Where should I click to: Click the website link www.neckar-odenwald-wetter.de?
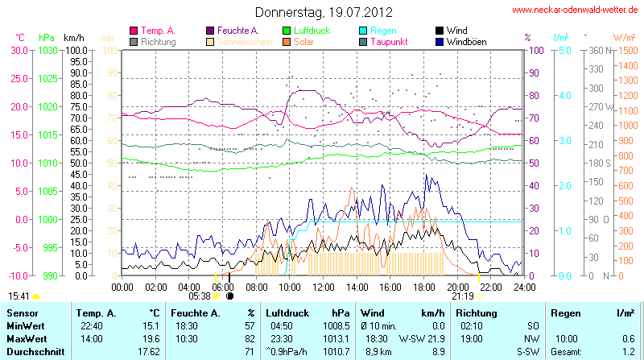coord(575,10)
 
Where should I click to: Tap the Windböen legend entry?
coord(465,42)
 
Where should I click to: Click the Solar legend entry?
coord(304,42)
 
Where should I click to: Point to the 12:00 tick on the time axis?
coord(323,286)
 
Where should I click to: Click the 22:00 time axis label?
coord(491,286)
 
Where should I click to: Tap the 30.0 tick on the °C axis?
coord(19,50)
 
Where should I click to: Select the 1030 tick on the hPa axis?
coord(47,50)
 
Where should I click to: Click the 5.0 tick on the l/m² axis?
coord(565,50)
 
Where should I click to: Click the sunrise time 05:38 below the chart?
coord(199,296)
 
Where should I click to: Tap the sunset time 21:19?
coord(462,296)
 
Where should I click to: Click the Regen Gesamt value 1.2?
coord(629,351)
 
